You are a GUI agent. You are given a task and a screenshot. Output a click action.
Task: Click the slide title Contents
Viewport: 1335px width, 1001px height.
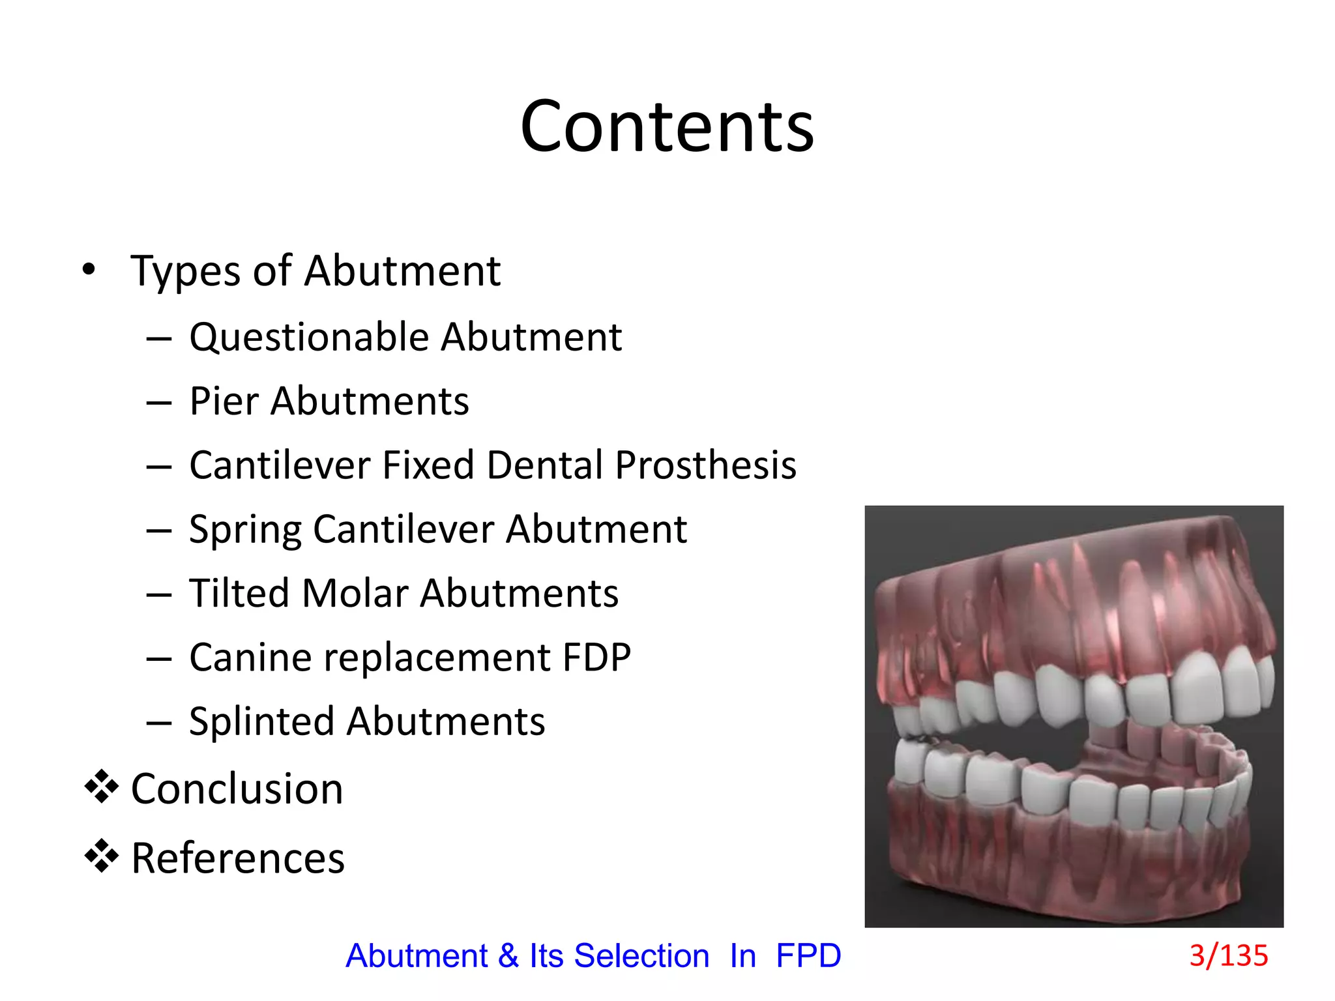667,126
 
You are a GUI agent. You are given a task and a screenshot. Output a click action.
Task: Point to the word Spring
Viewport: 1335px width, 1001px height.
244,530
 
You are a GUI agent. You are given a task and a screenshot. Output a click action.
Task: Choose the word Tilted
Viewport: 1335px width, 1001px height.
239,593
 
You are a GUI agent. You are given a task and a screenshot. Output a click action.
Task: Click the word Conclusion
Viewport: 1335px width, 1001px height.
237,789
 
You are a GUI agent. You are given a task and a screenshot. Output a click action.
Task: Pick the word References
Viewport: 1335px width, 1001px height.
238,858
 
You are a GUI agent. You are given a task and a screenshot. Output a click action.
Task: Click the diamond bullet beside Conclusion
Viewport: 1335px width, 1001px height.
102,787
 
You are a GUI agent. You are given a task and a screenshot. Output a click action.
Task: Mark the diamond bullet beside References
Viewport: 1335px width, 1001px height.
102,856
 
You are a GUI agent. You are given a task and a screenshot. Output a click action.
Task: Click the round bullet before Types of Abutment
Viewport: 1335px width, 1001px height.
89,269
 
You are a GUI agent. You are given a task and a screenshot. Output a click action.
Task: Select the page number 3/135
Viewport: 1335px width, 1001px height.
1228,955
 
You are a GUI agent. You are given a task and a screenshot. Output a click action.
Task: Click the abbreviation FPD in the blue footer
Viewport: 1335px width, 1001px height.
808,956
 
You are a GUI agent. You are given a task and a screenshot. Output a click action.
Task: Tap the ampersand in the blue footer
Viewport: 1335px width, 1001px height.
508,956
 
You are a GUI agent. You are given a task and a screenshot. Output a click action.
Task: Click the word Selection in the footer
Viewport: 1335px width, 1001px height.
641,956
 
